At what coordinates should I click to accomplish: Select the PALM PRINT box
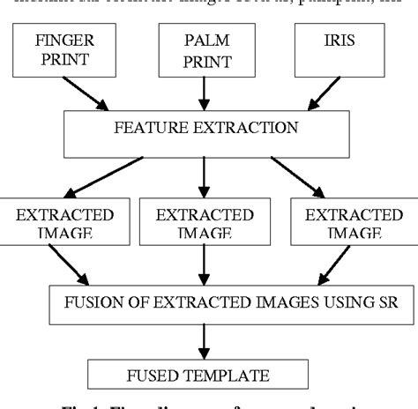point(204,49)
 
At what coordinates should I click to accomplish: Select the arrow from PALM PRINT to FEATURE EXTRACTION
point(204,93)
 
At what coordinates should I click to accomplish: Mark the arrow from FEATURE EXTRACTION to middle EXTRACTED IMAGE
point(204,176)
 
